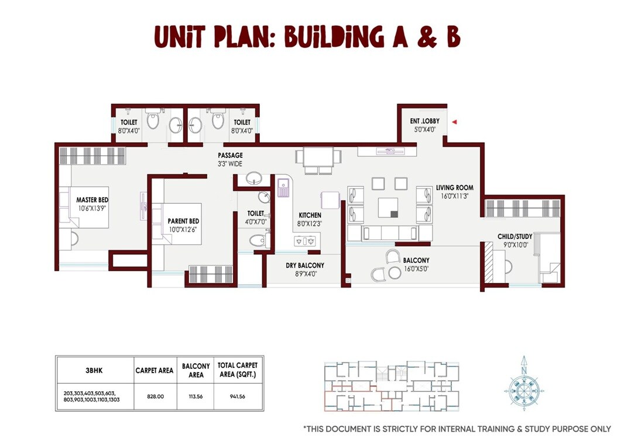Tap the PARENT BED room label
(x=183, y=221)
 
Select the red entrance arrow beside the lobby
(x=454, y=122)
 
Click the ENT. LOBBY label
(x=424, y=121)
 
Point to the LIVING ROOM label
(x=454, y=188)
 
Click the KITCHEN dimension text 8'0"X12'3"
(x=310, y=223)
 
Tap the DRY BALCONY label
(x=305, y=265)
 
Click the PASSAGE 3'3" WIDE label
(x=229, y=156)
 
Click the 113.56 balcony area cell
(x=196, y=396)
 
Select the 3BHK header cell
(x=94, y=370)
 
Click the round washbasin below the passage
(x=254, y=177)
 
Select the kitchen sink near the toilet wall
(x=283, y=187)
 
